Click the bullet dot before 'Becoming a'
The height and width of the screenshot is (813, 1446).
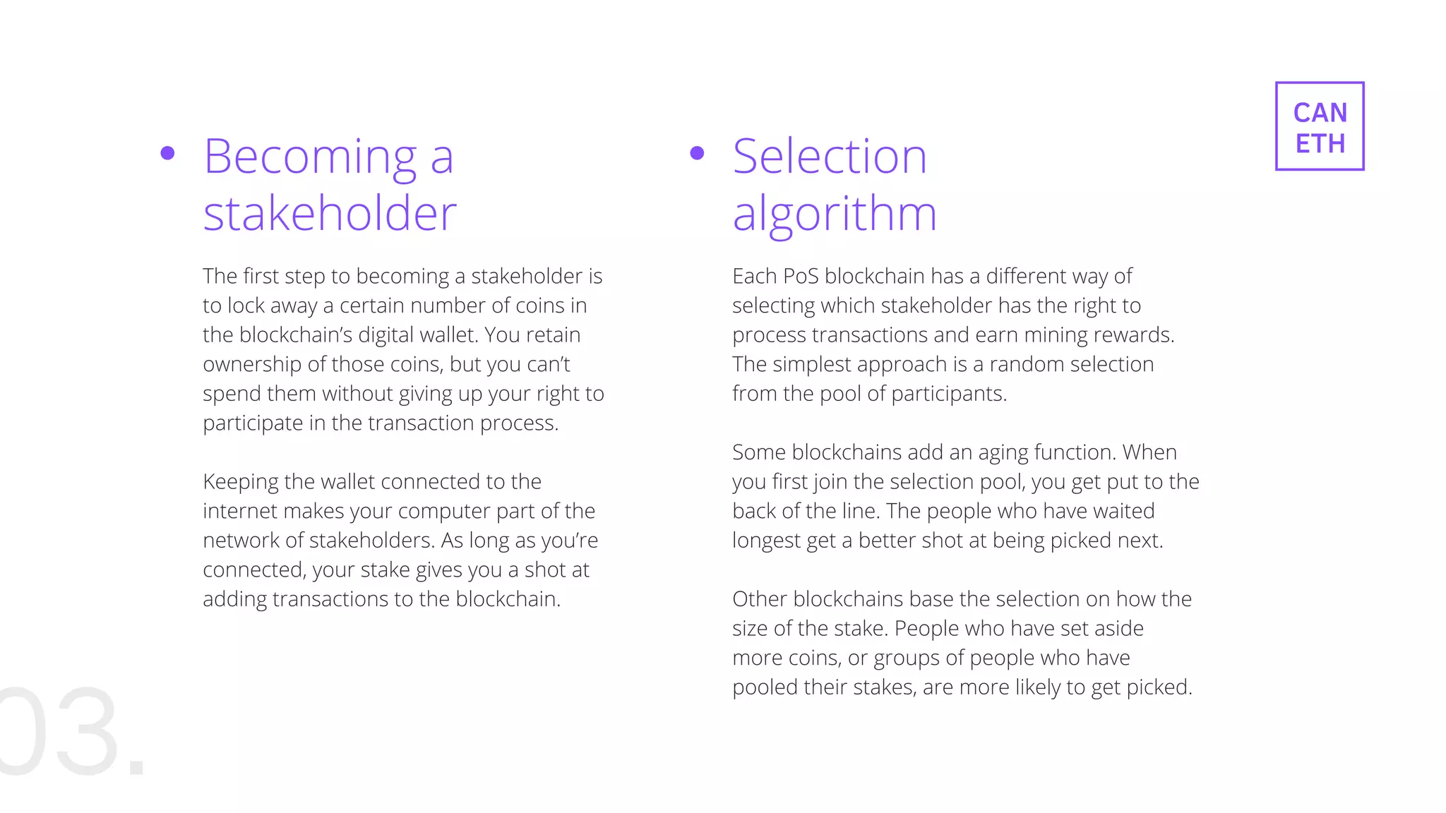click(x=167, y=153)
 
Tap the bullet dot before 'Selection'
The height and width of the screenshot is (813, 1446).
click(x=697, y=153)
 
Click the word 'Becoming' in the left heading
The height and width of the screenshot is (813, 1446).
click(x=311, y=157)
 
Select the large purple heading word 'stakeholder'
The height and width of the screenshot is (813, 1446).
click(x=330, y=213)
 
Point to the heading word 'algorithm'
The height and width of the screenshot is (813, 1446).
click(x=835, y=215)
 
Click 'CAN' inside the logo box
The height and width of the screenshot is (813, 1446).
click(x=1320, y=113)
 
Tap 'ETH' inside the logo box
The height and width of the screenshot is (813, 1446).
click(x=1320, y=144)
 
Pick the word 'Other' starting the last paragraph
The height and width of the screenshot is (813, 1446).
click(x=760, y=599)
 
